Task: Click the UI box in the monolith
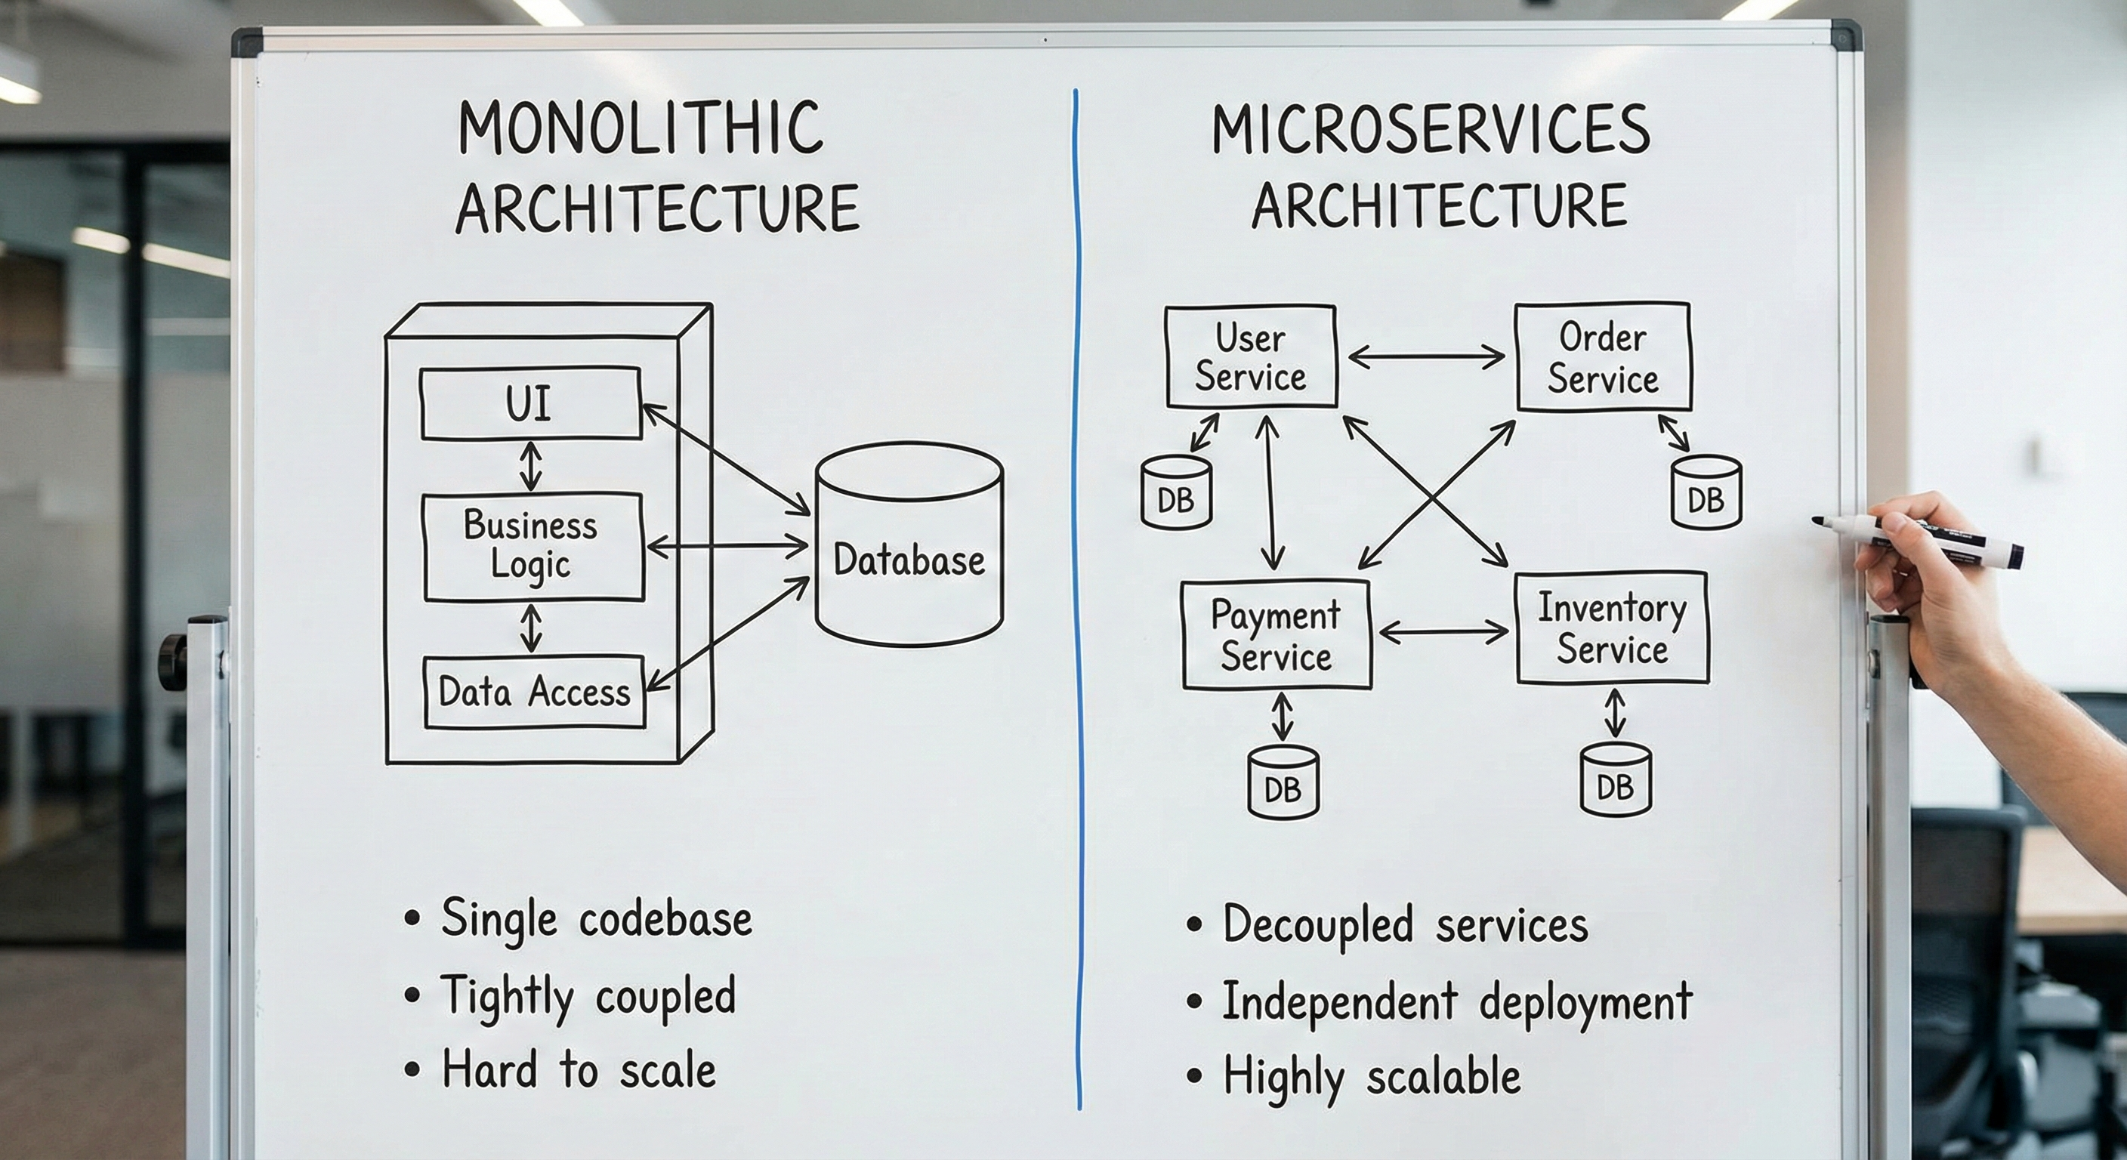pos(530,404)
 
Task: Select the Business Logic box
pos(532,547)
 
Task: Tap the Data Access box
pos(534,692)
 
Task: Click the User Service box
pos(1250,356)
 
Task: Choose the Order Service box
pos(1603,356)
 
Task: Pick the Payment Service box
pos(1276,635)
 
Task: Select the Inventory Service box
pos(1612,628)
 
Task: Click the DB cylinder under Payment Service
pos(1283,782)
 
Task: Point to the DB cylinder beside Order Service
pos(1706,493)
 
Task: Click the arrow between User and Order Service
pos(1426,357)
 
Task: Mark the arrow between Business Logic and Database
pos(727,546)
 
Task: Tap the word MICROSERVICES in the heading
pos(1430,130)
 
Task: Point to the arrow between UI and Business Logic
pos(531,467)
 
